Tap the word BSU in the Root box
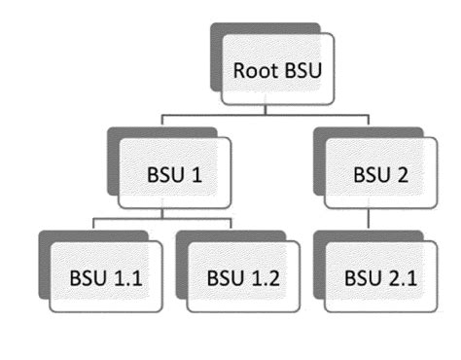pos(302,71)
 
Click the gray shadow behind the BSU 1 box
pos(113,161)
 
